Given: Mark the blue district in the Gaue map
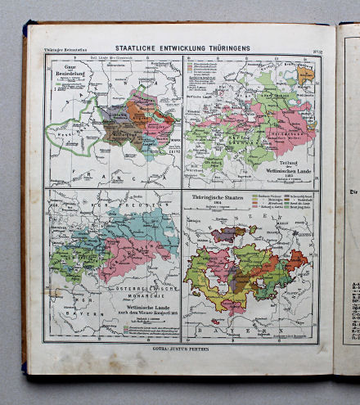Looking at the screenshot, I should pyautogui.click(x=147, y=144).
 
